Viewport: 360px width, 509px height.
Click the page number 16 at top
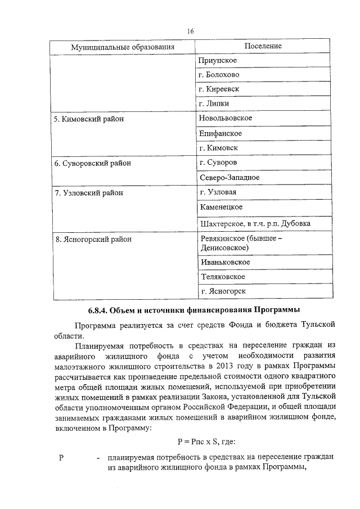[191, 31]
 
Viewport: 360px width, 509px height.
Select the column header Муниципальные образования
[121, 47]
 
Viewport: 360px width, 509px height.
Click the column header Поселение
[263, 46]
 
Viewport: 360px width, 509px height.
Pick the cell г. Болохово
[219, 75]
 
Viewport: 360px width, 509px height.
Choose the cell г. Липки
[214, 104]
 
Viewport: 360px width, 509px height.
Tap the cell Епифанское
[220, 133]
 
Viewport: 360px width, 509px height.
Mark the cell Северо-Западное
[229, 178]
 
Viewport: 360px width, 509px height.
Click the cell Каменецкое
[220, 208]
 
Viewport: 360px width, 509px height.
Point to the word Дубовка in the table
[310, 224]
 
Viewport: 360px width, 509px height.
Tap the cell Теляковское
[222, 277]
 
